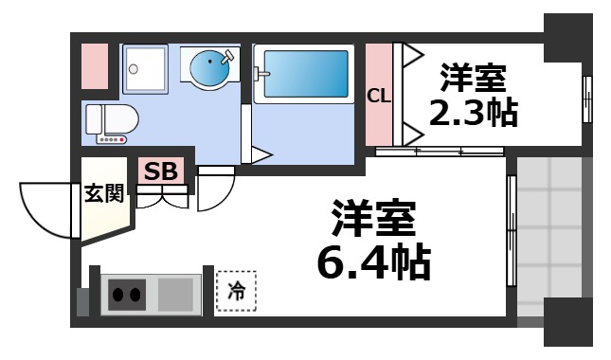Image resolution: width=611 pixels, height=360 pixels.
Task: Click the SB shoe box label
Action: pyautogui.click(x=160, y=172)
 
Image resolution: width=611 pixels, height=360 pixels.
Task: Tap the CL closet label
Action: pyautogui.click(x=379, y=95)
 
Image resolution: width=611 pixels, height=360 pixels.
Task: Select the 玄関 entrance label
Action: pyautogui.click(x=103, y=194)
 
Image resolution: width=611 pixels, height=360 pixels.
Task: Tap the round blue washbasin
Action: pyautogui.click(x=209, y=68)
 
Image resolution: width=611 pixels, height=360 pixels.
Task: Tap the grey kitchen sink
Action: pyautogui.click(x=175, y=294)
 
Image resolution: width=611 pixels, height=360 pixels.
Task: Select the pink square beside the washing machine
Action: pyautogui.click(x=95, y=66)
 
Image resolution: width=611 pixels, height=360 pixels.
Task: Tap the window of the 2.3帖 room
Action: pyautogui.click(x=586, y=95)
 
